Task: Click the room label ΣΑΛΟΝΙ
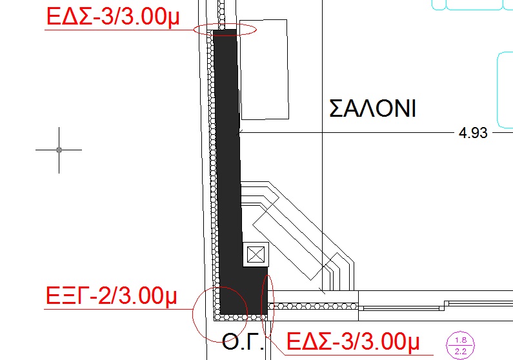point(372,108)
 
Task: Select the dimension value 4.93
point(473,133)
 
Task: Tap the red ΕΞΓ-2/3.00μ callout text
point(111,296)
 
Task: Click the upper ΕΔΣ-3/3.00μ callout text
point(113,16)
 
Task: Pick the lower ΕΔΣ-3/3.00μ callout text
point(353,341)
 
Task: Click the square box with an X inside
point(256,254)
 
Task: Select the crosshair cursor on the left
point(59,150)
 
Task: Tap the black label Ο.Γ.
point(243,342)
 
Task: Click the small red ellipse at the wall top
point(194,30)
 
